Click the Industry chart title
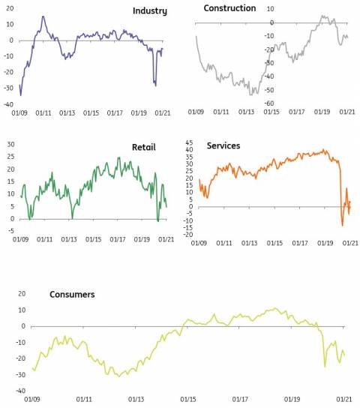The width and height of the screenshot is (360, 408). coord(150,11)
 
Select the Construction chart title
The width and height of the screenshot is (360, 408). coord(229,8)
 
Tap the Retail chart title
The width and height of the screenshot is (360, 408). coord(143,147)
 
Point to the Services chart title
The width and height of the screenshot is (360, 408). coord(223,145)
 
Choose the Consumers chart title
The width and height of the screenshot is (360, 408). coord(72,294)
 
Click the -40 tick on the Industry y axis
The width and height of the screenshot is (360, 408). coord(8,104)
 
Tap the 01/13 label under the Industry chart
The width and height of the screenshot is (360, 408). coord(67,113)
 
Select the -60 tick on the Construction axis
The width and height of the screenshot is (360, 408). coord(269,103)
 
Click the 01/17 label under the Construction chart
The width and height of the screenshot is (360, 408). coord(296,112)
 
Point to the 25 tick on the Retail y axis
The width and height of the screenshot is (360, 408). coord(10,157)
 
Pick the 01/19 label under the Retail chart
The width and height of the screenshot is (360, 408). coord(142,239)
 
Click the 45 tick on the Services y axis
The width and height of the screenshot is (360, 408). coord(189,142)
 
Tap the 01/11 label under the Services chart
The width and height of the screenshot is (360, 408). coord(224,243)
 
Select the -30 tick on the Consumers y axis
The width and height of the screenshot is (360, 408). coord(20,375)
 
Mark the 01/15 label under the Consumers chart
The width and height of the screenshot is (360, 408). coord(188,399)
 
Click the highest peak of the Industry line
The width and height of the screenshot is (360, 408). coord(43,16)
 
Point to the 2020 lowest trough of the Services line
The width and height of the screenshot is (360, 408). coord(342,225)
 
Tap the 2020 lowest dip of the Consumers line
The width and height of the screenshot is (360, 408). coord(325,366)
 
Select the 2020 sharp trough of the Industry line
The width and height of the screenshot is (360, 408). coord(156,85)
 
